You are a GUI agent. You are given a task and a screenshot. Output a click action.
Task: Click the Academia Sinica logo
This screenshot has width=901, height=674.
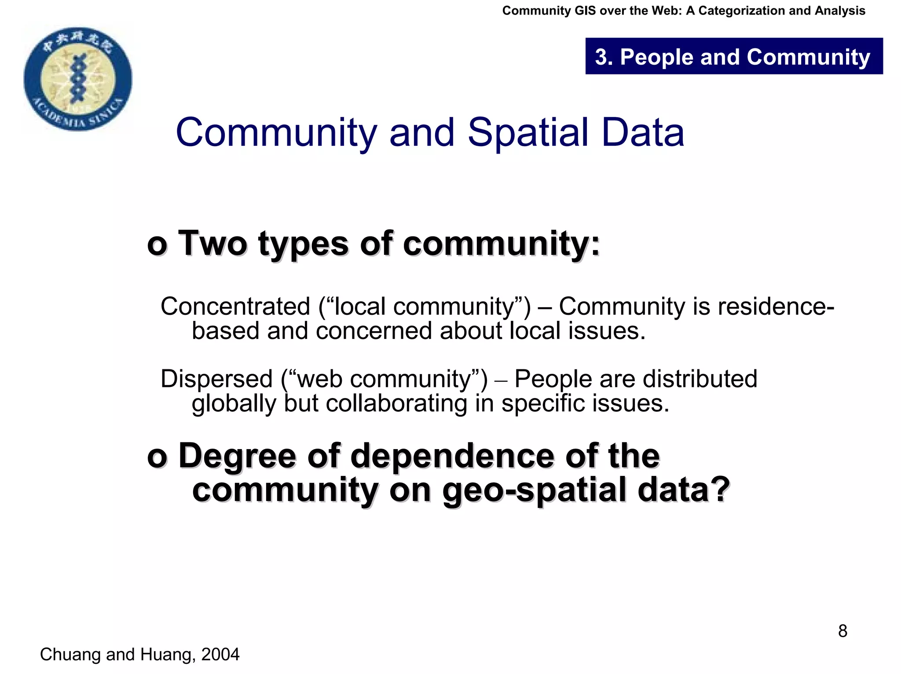(78, 78)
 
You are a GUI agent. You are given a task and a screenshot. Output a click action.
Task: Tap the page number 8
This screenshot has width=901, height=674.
(842, 631)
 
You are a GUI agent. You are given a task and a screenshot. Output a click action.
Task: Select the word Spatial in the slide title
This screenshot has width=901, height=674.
(528, 133)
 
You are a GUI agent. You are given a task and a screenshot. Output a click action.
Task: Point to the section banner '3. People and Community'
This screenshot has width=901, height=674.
(733, 57)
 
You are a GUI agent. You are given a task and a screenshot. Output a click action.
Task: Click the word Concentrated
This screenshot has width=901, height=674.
(235, 306)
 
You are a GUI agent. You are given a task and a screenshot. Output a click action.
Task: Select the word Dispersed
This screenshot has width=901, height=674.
(217, 379)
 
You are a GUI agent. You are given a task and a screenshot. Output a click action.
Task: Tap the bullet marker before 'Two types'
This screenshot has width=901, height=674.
(157, 245)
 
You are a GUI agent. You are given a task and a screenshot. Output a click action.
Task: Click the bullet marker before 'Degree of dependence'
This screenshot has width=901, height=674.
(157, 457)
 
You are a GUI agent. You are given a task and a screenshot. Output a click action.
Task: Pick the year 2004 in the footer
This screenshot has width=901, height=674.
(220, 655)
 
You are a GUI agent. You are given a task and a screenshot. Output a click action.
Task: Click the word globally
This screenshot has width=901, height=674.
(234, 404)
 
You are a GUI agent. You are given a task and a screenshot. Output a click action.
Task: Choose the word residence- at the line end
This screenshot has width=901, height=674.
(776, 306)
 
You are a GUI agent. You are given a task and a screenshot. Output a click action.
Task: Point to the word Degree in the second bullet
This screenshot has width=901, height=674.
(237, 456)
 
